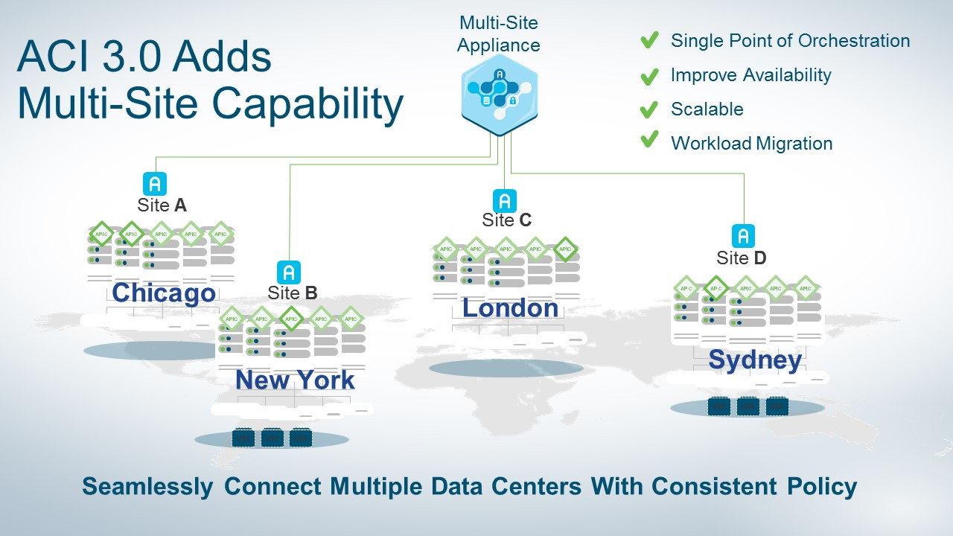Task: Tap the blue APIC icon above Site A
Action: [x=154, y=183]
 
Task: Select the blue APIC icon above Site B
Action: [x=289, y=272]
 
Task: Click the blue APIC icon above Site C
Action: [x=505, y=201]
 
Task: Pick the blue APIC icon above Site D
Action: [x=742, y=236]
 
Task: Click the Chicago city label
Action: [x=164, y=293]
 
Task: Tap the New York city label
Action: [x=295, y=380]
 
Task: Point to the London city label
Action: [x=510, y=307]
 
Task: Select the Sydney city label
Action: [x=755, y=360]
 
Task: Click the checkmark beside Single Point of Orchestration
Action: [x=649, y=41]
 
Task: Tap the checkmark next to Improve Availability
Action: [x=649, y=75]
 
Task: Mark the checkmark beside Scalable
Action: [x=649, y=109]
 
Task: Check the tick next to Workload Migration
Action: [x=649, y=140]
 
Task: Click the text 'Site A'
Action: [x=162, y=205]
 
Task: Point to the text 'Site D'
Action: [x=741, y=258]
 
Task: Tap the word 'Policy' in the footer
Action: [x=821, y=487]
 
